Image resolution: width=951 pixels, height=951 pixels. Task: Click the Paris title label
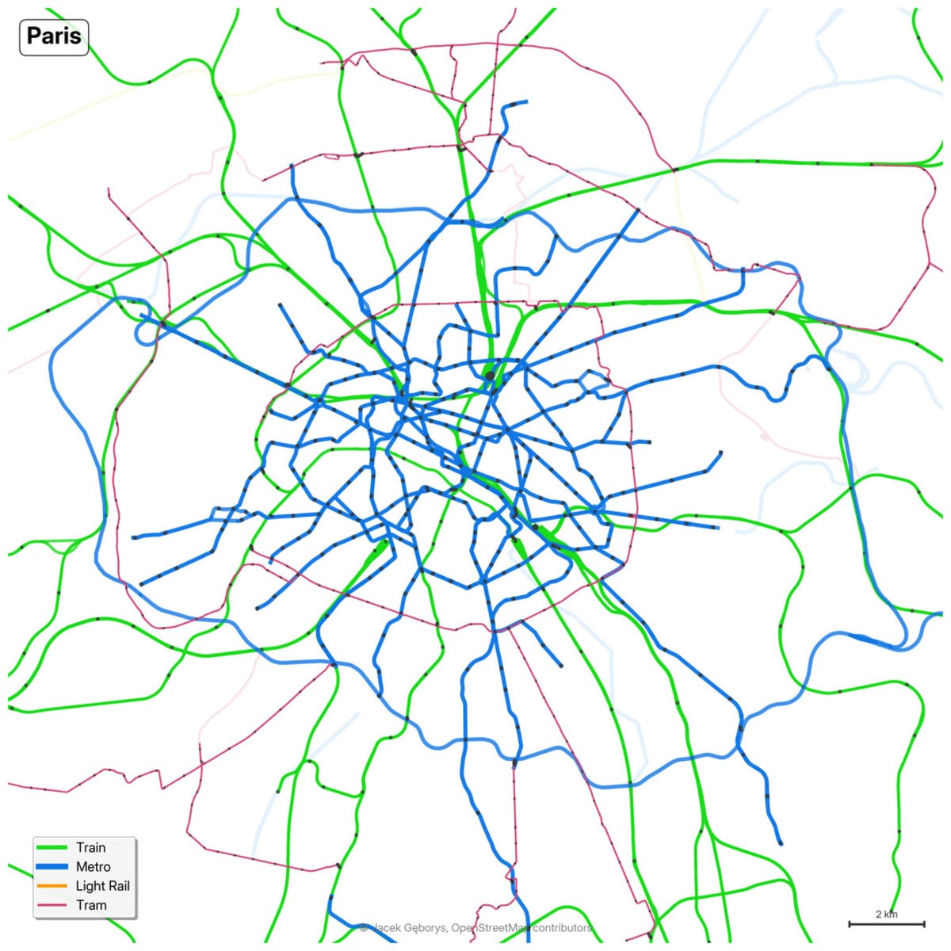pyautogui.click(x=54, y=36)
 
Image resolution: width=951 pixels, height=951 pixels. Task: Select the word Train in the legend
pyautogui.click(x=90, y=848)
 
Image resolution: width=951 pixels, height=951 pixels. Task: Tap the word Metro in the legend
pyautogui.click(x=93, y=867)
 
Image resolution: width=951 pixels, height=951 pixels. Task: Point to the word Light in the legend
pyautogui.click(x=90, y=886)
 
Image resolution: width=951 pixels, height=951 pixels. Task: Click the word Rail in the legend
pyautogui.click(x=118, y=886)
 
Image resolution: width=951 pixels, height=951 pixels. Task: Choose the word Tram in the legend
pyautogui.click(x=91, y=905)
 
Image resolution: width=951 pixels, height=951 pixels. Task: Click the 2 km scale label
pyautogui.click(x=887, y=915)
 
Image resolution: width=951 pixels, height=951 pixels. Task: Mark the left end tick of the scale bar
pyautogui.click(x=850, y=924)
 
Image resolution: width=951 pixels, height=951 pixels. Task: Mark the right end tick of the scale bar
pyautogui.click(x=924, y=924)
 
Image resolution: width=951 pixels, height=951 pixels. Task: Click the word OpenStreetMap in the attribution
pyautogui.click(x=491, y=928)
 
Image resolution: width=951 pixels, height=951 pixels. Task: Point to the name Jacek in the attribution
pyautogui.click(x=389, y=928)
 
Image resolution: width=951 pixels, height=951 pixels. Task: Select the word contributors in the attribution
pyautogui.click(x=562, y=928)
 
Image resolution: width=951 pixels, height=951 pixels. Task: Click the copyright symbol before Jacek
pyautogui.click(x=364, y=928)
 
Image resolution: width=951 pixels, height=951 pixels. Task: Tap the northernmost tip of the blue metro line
pyautogui.click(x=525, y=101)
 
